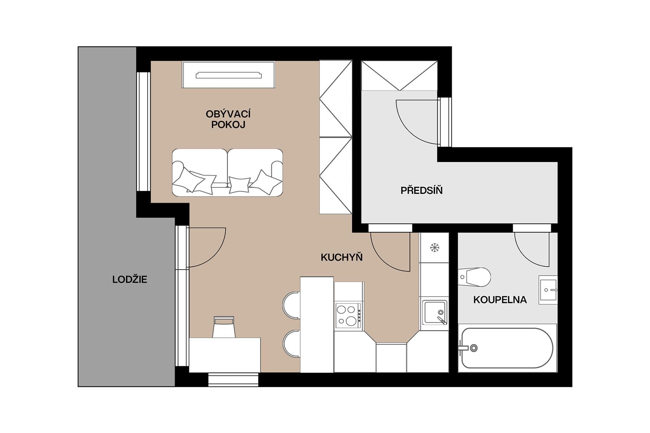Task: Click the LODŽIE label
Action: (x=130, y=279)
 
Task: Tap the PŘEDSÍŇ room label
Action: (x=421, y=190)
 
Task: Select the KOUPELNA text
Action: (x=500, y=299)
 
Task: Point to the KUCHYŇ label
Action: (x=342, y=257)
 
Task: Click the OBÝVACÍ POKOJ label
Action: (x=228, y=119)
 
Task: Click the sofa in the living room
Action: (x=227, y=172)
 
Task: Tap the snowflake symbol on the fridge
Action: (x=434, y=248)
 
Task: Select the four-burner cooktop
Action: (x=348, y=315)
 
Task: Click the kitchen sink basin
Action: (x=434, y=312)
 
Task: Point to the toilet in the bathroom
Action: (x=475, y=277)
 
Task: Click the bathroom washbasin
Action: (x=548, y=290)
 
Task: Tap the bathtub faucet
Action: (x=469, y=348)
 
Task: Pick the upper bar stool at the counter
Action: (x=292, y=305)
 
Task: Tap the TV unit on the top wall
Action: (x=229, y=75)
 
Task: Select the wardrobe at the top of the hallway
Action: (x=399, y=76)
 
